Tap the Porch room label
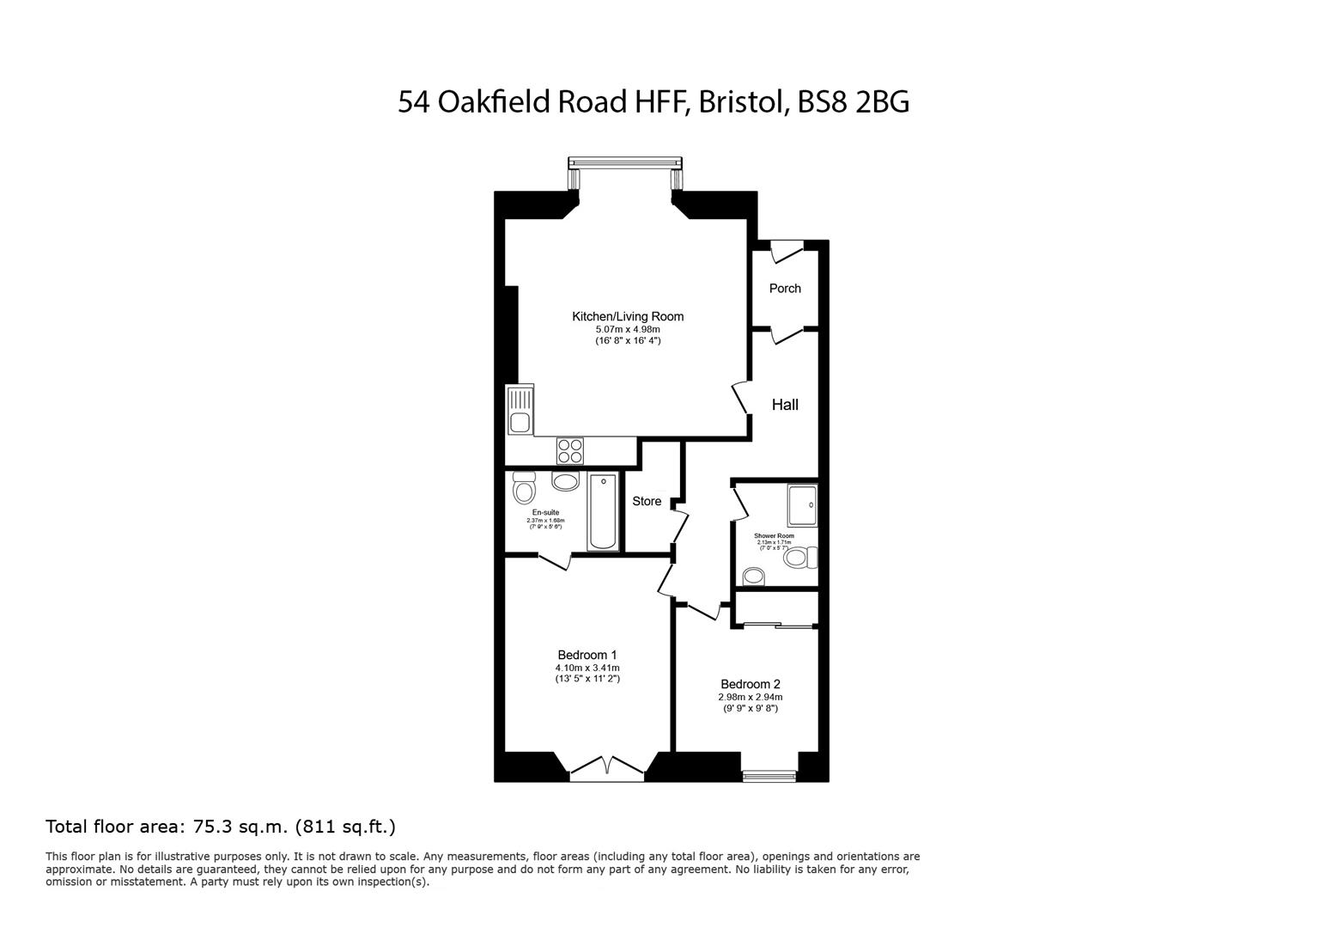[x=785, y=289]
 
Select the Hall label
[x=785, y=405]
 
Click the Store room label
[x=647, y=501]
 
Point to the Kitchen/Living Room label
[x=628, y=316]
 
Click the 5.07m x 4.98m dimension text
[x=628, y=329]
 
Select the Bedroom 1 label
[x=587, y=655]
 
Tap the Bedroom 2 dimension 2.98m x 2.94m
[x=751, y=697]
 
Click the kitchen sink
[x=520, y=411]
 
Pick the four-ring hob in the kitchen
[x=570, y=450]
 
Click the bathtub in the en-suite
[x=602, y=511]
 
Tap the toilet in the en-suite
[x=523, y=488]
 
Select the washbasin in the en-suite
[x=565, y=481]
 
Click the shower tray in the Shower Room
[x=802, y=505]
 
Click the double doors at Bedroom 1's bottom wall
[x=607, y=767]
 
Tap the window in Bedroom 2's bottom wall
[x=769, y=776]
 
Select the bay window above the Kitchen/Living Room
[x=625, y=162]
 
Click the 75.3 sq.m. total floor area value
[x=241, y=827]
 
